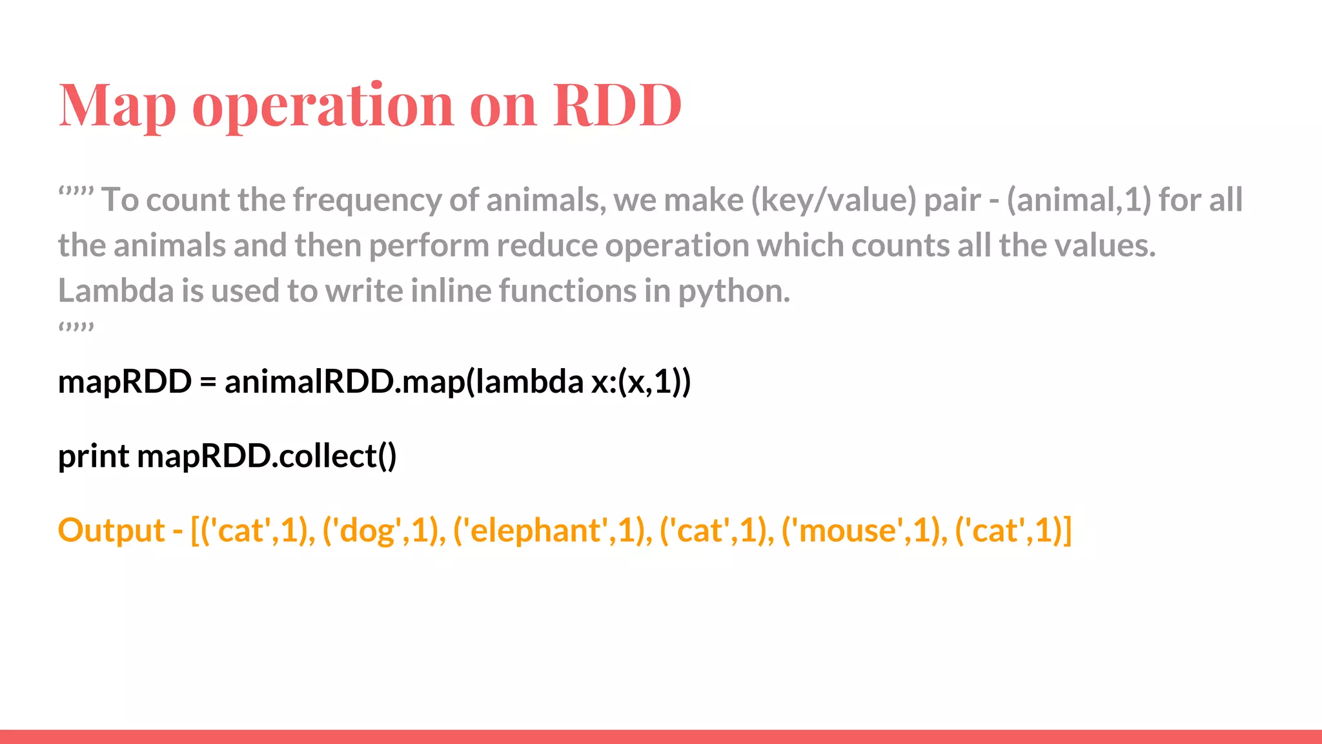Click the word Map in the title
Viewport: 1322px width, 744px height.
click(x=117, y=105)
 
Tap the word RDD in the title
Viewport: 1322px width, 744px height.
click(x=617, y=105)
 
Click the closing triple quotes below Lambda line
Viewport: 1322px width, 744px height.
click(x=76, y=327)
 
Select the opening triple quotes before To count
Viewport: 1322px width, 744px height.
click(x=76, y=192)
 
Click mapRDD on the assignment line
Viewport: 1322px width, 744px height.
click(x=125, y=382)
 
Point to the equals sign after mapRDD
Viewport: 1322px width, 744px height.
click(x=207, y=382)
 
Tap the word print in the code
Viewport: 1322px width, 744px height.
click(x=93, y=457)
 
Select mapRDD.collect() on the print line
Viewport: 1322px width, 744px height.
click(x=267, y=457)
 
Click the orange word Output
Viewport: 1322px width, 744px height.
click(x=111, y=531)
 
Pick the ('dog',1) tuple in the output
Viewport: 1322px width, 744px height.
click(x=383, y=531)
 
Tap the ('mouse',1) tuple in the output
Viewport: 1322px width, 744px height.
click(x=864, y=531)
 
